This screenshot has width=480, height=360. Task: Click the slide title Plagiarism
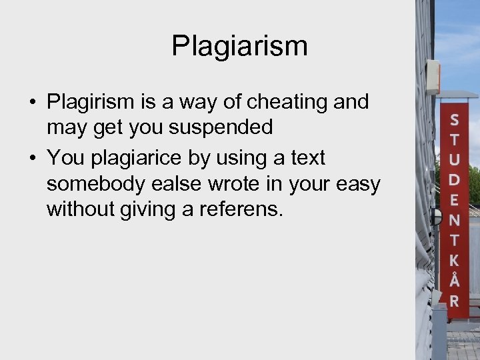point(239,46)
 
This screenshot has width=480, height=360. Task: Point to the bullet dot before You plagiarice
point(32,159)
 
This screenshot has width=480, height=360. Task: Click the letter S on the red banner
point(454,121)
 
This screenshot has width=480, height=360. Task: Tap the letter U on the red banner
point(454,161)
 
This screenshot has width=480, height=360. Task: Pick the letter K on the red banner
point(454,261)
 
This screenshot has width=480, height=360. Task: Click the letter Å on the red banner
point(454,279)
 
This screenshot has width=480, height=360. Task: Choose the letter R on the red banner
point(454,301)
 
